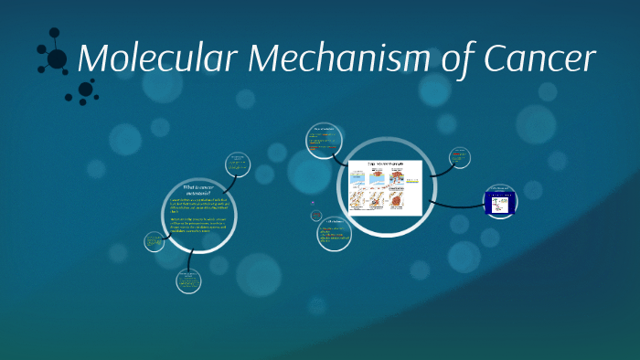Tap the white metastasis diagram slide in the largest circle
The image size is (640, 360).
click(384, 187)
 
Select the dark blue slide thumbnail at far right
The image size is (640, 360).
click(499, 200)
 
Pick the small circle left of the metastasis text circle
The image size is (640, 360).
click(154, 242)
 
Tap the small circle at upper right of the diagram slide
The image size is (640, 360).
click(460, 158)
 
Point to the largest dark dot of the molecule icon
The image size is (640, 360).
click(57, 59)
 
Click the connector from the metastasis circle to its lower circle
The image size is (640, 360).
click(188, 259)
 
